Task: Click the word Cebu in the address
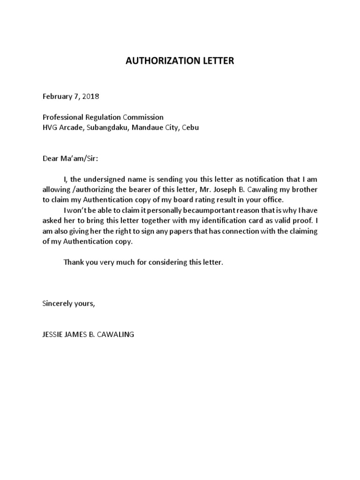click(190, 127)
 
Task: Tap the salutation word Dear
click(51, 158)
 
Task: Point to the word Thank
click(73, 262)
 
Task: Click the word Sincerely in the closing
click(58, 304)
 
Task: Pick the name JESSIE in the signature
click(53, 335)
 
